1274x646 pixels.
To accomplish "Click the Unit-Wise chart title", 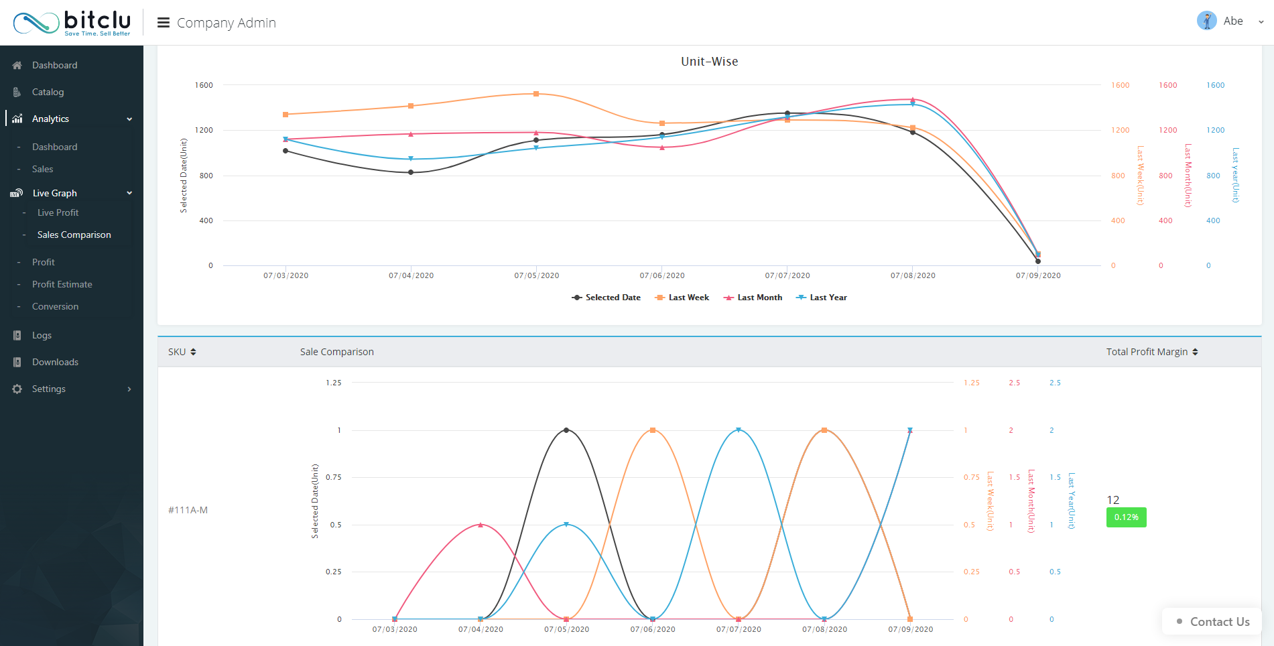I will click(709, 62).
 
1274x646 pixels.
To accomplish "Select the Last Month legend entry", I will click(753, 298).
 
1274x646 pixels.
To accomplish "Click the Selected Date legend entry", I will click(607, 298).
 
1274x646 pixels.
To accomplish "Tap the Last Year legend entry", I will click(822, 298).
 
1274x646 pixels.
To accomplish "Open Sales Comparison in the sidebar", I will click(74, 235).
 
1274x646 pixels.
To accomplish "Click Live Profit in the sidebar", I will click(58, 212).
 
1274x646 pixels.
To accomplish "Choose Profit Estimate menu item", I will click(62, 284).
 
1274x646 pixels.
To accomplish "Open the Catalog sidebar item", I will click(48, 92).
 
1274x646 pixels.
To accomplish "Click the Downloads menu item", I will click(55, 362).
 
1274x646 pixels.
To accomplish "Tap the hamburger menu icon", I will click(163, 23).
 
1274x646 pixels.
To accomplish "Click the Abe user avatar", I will click(1206, 21).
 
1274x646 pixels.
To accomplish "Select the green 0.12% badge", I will click(1126, 517).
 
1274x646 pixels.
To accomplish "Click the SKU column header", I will click(182, 352).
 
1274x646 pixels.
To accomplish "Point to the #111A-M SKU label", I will click(188, 510).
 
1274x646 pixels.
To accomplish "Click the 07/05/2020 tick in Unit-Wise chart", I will click(536, 275).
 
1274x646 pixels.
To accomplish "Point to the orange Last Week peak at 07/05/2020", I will click(536, 94).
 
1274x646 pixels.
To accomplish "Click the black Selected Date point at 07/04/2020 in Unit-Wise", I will click(411, 172).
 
